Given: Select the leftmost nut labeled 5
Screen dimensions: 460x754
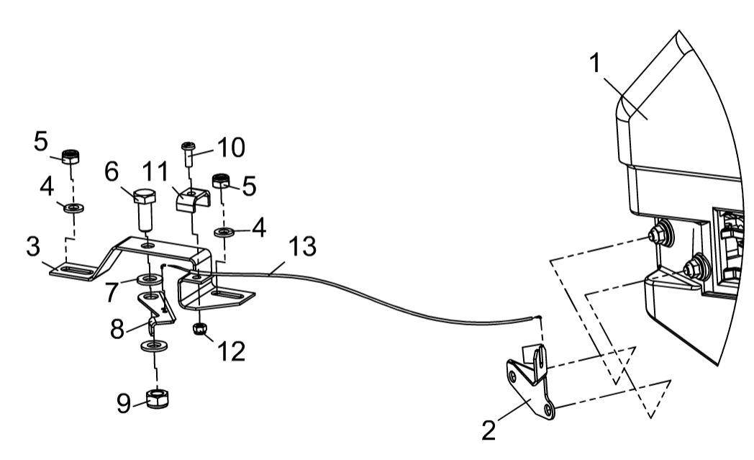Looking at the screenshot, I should click(71, 156).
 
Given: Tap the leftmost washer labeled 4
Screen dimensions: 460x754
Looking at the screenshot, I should click(71, 209).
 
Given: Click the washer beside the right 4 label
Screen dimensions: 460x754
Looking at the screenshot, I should click(225, 232).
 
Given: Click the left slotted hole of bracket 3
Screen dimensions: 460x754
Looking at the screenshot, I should click(73, 271).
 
